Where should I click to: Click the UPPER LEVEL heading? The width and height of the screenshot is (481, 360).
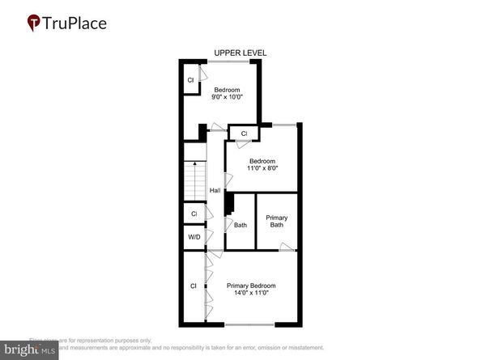240,53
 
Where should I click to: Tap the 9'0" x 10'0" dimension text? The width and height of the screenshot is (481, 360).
228,97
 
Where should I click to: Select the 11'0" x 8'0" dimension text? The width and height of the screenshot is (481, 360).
263,169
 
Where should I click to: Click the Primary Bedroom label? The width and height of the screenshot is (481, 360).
251,286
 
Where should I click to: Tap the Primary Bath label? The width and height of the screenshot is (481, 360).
277,221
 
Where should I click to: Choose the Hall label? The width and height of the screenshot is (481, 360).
215,190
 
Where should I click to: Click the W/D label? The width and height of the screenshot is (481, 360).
194,237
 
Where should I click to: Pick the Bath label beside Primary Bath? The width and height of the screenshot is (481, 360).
240,225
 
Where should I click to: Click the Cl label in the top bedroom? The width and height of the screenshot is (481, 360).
190,80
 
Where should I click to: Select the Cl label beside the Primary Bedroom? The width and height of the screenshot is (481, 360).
194,286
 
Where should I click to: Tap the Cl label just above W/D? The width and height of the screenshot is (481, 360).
194,214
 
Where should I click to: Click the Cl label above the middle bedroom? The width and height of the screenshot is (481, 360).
244,133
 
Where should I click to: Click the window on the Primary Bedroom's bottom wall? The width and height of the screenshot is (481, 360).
250,325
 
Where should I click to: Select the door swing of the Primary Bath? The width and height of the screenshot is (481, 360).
286,246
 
